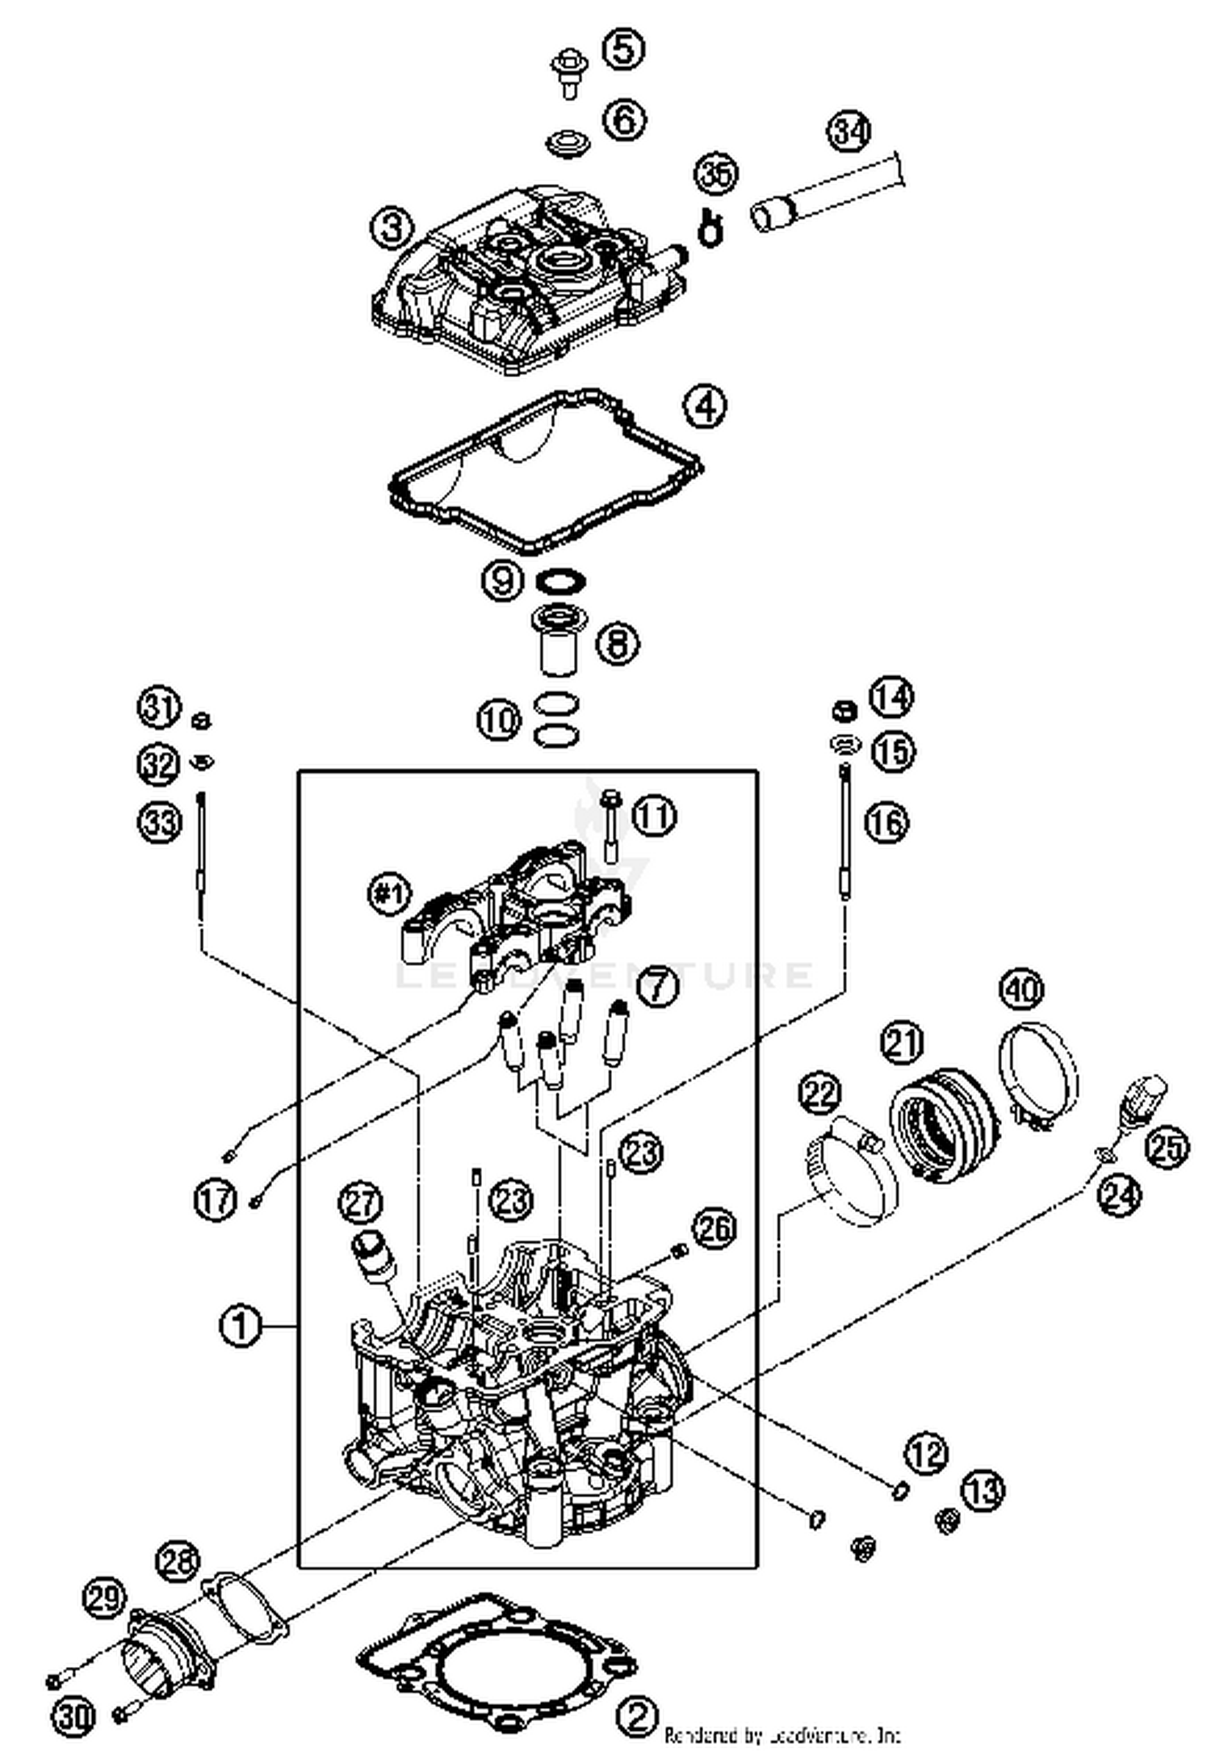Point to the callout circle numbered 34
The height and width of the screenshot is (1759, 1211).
(849, 130)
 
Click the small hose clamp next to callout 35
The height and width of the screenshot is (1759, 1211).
(710, 228)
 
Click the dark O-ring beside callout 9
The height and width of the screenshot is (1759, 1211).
(561, 581)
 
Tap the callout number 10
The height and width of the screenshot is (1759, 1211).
(499, 719)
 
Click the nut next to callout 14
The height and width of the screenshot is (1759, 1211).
(843, 711)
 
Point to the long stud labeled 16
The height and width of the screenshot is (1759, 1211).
(844, 832)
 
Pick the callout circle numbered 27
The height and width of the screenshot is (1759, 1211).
(360, 1203)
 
